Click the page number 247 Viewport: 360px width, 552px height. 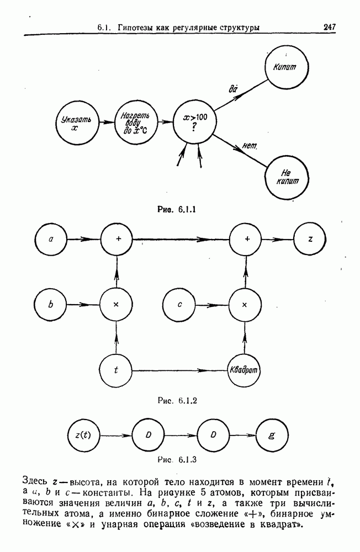pos(330,26)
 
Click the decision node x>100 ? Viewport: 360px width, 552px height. pos(195,121)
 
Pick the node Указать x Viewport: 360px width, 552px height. pos(76,122)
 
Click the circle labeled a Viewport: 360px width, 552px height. pos(51,240)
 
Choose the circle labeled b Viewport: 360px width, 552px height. pos(51,304)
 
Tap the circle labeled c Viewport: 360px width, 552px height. pos(180,304)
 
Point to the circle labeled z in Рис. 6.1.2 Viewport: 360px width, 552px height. pos(311,240)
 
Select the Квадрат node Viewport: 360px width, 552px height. pos(244,369)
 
